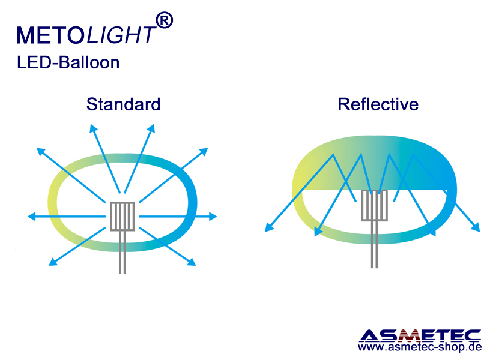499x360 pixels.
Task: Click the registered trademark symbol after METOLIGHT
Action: (164, 20)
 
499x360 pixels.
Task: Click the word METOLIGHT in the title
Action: (86, 35)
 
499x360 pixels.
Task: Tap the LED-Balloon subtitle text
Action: (68, 62)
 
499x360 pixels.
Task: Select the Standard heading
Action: (123, 104)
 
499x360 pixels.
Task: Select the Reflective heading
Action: (378, 104)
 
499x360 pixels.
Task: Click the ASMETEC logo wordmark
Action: (420, 336)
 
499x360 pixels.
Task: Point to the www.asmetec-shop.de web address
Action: (420, 347)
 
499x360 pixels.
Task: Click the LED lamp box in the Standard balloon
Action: (122, 216)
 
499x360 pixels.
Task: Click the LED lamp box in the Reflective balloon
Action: (375, 205)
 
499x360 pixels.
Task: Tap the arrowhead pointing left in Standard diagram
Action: (31, 217)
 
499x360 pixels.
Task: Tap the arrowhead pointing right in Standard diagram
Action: (213, 217)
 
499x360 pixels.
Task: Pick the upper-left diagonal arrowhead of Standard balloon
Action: (41, 152)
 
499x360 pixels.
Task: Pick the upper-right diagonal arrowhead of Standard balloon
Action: (204, 152)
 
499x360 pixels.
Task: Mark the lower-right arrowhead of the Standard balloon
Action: (192, 262)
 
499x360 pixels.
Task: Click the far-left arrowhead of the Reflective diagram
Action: (269, 227)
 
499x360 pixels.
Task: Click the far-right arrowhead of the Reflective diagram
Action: (476, 227)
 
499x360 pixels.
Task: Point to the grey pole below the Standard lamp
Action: (122, 252)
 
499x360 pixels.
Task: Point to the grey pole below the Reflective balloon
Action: (375, 245)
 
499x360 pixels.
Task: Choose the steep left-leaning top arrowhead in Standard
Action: (93, 128)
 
